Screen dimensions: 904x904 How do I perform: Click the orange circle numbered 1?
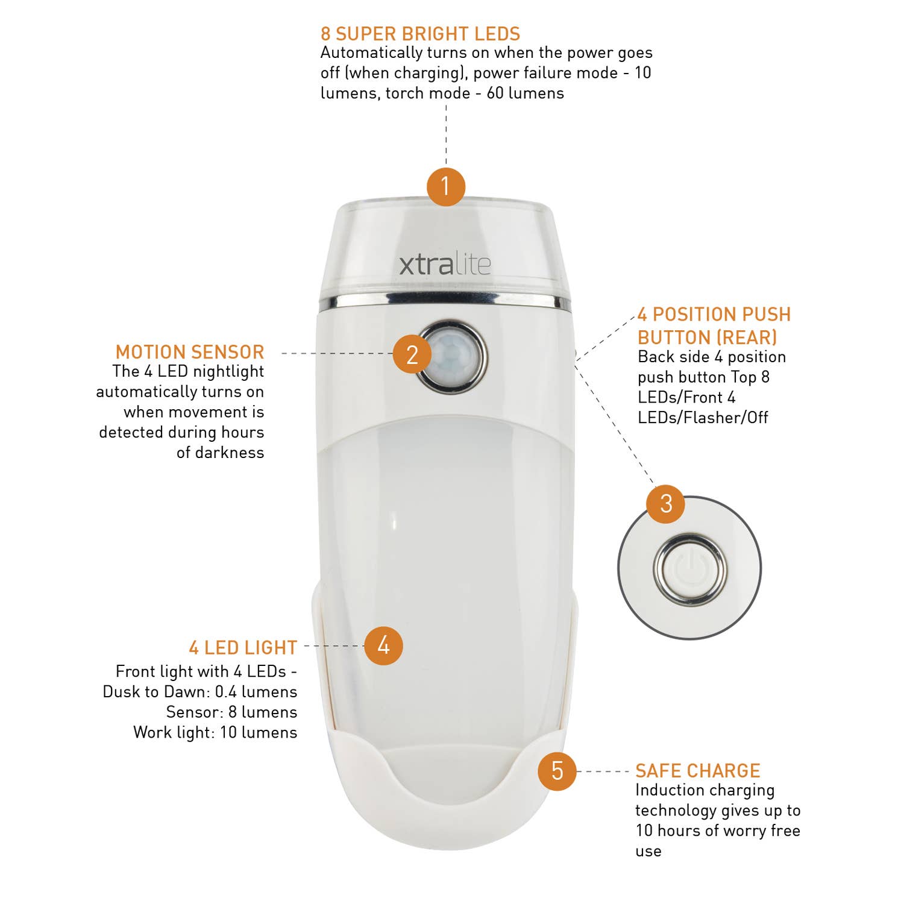(446, 186)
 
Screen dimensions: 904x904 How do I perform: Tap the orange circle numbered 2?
(412, 354)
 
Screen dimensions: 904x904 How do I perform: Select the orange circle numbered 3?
(665, 504)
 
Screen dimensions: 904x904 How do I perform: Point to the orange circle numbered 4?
(383, 646)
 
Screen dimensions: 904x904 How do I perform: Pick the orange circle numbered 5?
(557, 771)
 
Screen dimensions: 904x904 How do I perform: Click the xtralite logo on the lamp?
(445, 265)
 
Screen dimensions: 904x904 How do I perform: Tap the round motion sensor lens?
(453, 357)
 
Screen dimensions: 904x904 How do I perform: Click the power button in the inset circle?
(690, 568)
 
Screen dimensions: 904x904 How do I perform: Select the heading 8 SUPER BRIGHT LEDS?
(420, 34)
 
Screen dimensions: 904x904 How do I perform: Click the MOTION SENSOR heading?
(190, 352)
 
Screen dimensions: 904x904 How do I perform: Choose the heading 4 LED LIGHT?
(243, 648)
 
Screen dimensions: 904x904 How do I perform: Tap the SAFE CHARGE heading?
(697, 771)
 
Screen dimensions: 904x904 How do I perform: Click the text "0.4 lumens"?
(256, 692)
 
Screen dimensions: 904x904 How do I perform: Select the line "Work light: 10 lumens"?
(215, 733)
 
